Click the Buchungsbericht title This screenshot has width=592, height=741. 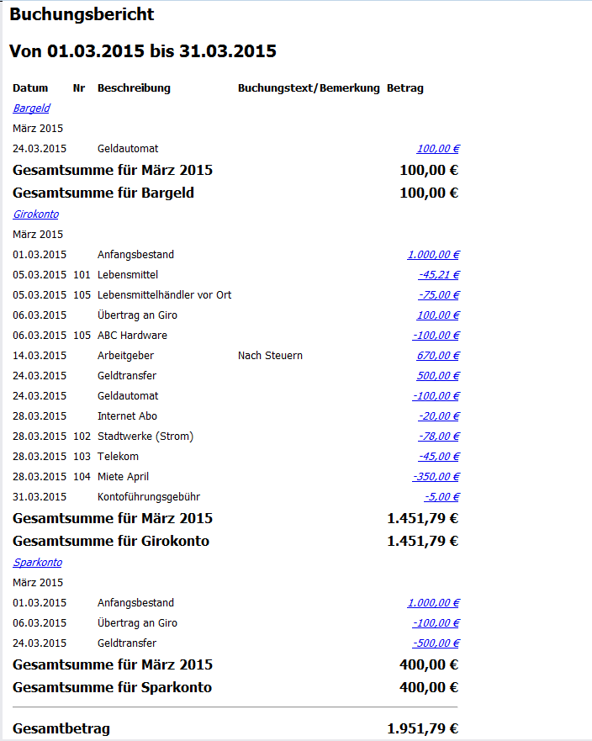[x=82, y=14]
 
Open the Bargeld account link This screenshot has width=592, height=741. [x=31, y=109]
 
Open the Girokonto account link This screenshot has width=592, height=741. [x=35, y=214]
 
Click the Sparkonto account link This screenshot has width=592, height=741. [x=37, y=563]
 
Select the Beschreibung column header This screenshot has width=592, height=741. [x=134, y=88]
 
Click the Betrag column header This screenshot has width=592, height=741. [x=404, y=88]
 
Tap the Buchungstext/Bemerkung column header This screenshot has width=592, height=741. [x=309, y=88]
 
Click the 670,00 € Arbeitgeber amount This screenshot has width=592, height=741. [x=437, y=356]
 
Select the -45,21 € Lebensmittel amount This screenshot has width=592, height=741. [x=438, y=275]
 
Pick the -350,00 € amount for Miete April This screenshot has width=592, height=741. [x=436, y=477]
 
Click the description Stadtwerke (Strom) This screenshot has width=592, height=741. [x=145, y=437]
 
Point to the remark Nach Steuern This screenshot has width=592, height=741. [x=270, y=356]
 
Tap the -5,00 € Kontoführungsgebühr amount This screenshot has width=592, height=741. [x=441, y=497]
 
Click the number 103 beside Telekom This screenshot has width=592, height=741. [x=82, y=457]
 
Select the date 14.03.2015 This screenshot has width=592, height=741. [x=40, y=356]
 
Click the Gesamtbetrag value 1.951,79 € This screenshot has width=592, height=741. [x=422, y=728]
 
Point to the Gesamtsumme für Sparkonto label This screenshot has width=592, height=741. [x=112, y=687]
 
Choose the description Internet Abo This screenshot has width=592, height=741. [x=127, y=416]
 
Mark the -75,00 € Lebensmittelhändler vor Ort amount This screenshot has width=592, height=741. [x=438, y=295]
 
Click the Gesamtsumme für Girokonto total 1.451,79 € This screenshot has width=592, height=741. [x=422, y=541]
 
